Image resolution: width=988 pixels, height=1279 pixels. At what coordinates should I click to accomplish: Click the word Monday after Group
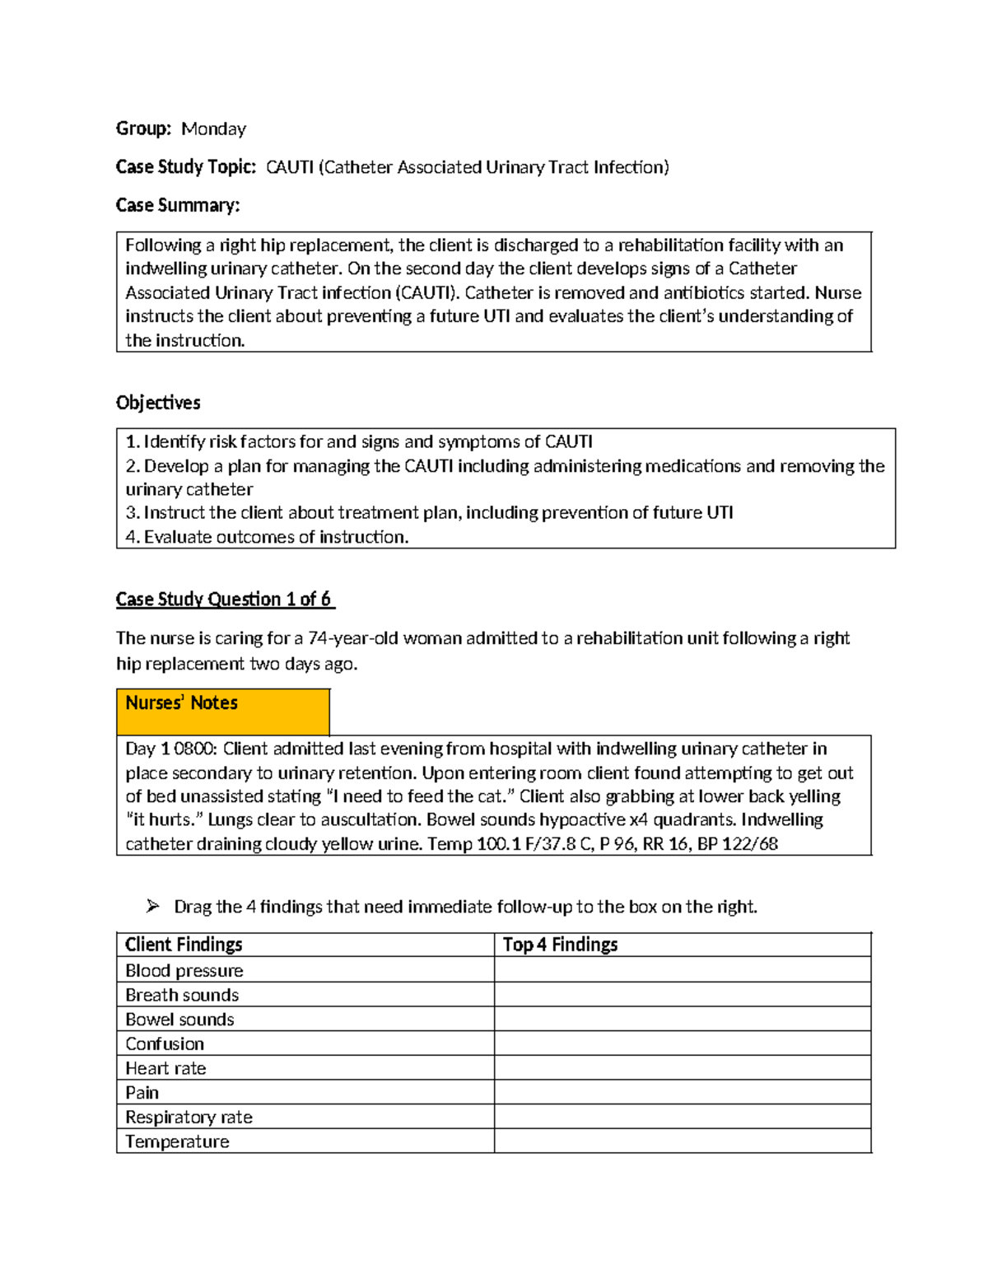pyautogui.click(x=213, y=128)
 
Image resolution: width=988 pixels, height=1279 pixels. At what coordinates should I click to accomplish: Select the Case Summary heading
pyautogui.click(x=177, y=205)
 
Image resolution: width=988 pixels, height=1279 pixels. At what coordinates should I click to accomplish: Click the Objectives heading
pyautogui.click(x=158, y=403)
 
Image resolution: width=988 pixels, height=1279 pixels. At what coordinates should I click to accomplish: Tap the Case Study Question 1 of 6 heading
pyautogui.click(x=224, y=599)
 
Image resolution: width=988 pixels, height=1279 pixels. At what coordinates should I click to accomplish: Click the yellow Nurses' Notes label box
pyautogui.click(x=222, y=711)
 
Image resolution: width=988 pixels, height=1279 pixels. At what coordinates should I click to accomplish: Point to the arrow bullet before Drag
pyautogui.click(x=152, y=906)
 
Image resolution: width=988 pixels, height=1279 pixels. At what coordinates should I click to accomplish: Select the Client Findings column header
pyautogui.click(x=184, y=945)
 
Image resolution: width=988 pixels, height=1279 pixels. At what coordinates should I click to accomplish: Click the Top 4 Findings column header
pyautogui.click(x=560, y=945)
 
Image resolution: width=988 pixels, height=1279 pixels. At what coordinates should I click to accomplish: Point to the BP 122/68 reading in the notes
pyautogui.click(x=737, y=843)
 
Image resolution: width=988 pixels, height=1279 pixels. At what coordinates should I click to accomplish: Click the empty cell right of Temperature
pyautogui.click(x=682, y=1141)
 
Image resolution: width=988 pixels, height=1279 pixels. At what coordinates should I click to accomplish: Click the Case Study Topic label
pyautogui.click(x=186, y=167)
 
